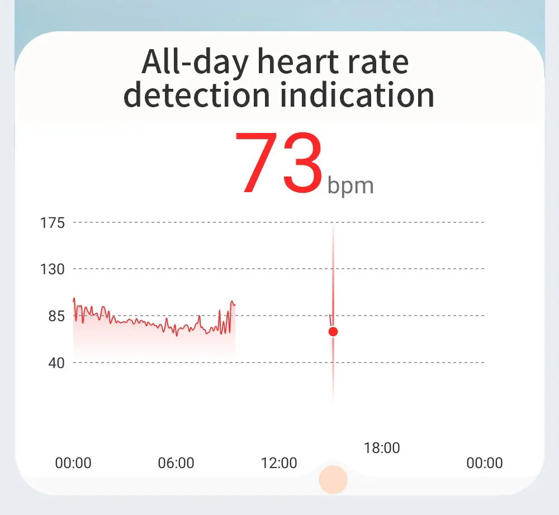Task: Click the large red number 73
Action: [x=278, y=162]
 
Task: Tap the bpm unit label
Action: [x=350, y=185]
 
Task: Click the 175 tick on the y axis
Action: [x=53, y=223]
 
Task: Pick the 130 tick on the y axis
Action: [x=53, y=270]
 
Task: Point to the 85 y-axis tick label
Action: [x=56, y=316]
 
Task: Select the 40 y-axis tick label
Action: [x=56, y=363]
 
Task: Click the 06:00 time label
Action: [x=176, y=463]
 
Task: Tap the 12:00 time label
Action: [x=279, y=463]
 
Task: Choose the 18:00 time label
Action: [x=382, y=449]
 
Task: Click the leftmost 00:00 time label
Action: [x=73, y=463]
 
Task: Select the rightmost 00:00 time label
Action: [x=485, y=463]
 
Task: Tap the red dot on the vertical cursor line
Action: [x=333, y=332]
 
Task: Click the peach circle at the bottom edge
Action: [x=333, y=479]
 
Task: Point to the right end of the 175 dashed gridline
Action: [x=483, y=223]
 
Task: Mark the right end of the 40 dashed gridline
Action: [x=483, y=363]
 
